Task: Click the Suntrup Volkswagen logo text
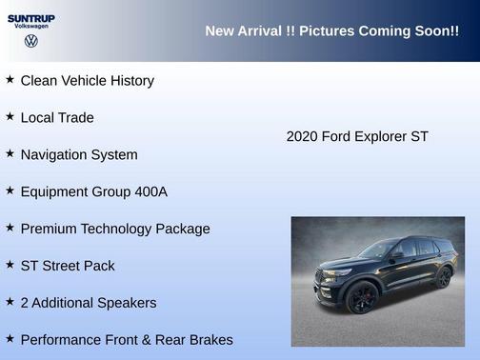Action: pos(31,20)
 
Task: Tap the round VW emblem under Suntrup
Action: pos(31,41)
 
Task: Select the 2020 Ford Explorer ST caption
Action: pos(357,136)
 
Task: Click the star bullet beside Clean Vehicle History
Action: pos(10,80)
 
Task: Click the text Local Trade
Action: pos(57,118)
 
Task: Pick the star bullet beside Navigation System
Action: pos(10,153)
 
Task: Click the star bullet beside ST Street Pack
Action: pos(10,265)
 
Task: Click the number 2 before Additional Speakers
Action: pos(24,303)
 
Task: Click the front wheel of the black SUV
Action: pos(361,298)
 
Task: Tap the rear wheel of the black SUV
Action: pos(444,277)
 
